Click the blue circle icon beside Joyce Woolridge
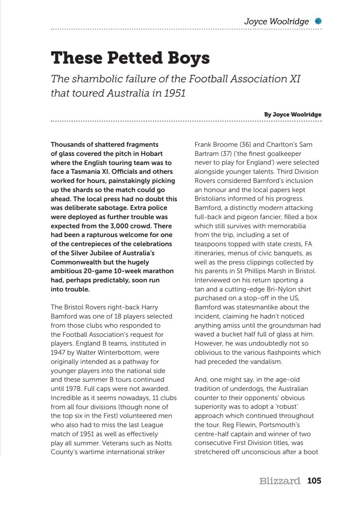318,21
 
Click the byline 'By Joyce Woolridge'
292,115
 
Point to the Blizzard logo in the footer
279,481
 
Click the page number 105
314,481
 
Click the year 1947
57,352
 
